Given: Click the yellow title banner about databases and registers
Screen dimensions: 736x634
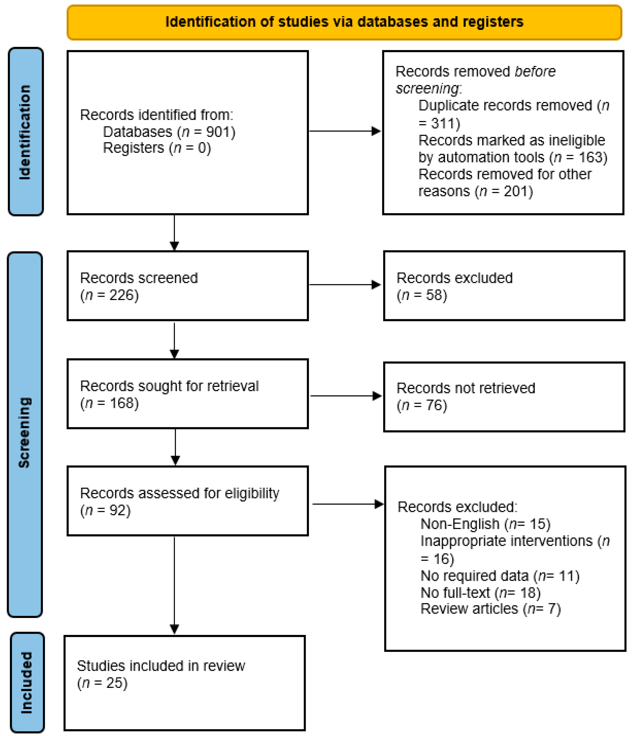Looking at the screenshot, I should (x=344, y=22).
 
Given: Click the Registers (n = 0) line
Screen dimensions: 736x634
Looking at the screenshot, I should (x=157, y=148).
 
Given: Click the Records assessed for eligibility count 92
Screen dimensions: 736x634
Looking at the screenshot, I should (x=117, y=510).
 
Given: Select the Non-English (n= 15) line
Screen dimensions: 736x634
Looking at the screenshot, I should (x=485, y=524).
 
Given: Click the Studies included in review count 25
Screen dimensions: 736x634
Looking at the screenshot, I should (x=114, y=683).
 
